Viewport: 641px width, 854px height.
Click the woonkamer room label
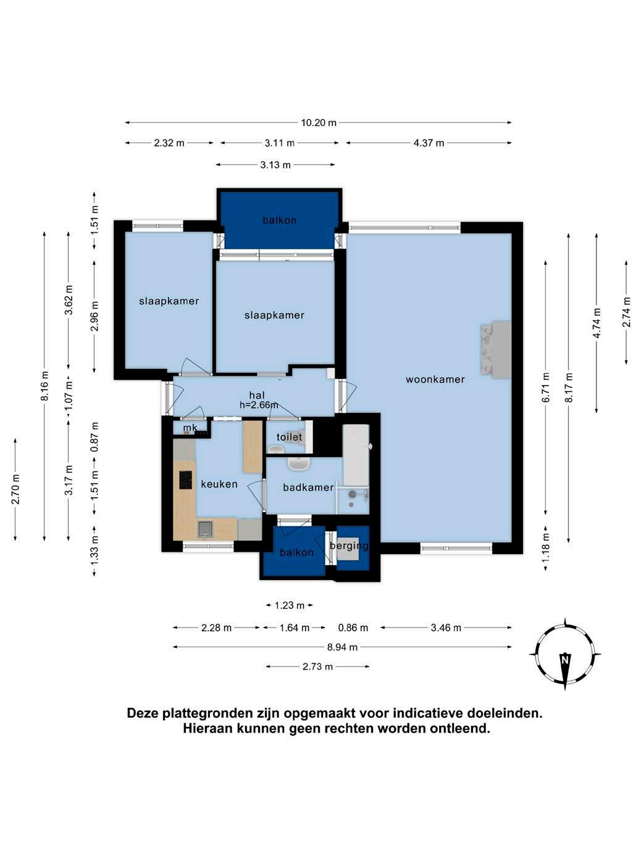(435, 379)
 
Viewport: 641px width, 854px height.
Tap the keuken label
(219, 484)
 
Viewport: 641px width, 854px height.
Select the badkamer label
(308, 487)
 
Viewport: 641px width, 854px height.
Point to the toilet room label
(289, 437)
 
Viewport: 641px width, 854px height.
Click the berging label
(349, 546)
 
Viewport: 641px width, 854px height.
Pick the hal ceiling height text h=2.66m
(259, 405)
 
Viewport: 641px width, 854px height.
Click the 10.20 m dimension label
(319, 123)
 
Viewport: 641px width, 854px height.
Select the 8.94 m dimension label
(342, 647)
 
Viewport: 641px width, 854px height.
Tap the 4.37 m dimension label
(429, 143)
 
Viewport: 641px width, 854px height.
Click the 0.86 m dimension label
(353, 628)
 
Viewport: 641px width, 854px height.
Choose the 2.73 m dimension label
(317, 666)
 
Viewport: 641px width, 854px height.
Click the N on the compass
(564, 660)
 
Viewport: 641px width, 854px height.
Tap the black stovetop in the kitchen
(186, 479)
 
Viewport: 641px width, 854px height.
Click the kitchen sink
(205, 529)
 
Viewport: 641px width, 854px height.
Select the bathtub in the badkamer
(356, 455)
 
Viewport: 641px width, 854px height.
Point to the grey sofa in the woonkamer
(496, 349)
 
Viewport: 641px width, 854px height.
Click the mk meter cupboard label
(190, 428)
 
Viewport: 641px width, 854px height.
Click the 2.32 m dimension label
(169, 143)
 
